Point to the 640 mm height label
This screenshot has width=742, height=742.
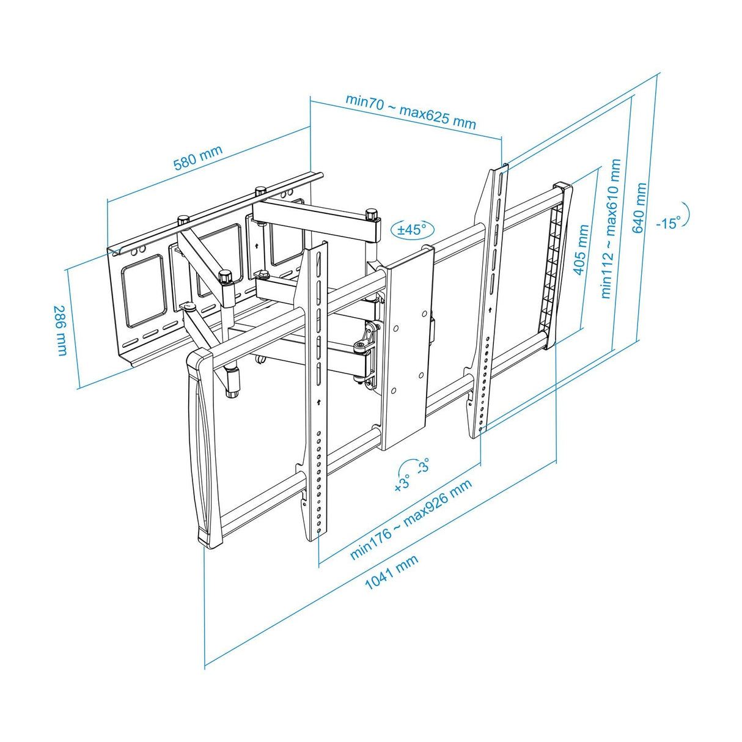(639, 207)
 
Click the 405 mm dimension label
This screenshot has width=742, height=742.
(582, 250)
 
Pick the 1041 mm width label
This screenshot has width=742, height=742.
(392, 572)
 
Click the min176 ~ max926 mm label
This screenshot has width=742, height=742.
(411, 520)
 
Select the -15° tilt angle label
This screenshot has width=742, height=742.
(668, 222)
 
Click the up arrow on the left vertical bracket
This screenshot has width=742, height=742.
(318, 402)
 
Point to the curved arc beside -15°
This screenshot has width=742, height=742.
(686, 212)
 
